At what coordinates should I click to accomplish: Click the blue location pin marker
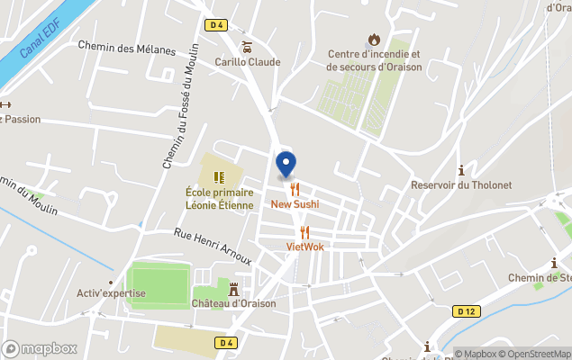tap(286, 164)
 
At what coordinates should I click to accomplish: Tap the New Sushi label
tap(295, 204)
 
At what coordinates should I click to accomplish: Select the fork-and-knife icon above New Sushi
tap(295, 190)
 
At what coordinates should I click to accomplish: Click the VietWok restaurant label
tap(304, 246)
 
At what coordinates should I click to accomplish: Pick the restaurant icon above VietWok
tap(304, 232)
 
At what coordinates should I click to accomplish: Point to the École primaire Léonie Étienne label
tap(219, 198)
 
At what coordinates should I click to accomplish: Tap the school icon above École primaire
tap(218, 176)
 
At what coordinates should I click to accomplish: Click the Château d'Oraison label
tap(234, 303)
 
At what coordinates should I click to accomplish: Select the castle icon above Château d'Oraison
tap(234, 288)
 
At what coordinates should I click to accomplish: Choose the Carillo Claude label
tap(247, 62)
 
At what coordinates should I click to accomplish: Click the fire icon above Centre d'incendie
tap(374, 40)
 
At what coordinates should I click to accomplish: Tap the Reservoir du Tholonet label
tap(460, 185)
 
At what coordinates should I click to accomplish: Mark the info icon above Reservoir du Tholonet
tap(461, 170)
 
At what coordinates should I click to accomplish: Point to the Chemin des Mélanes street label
tap(126, 48)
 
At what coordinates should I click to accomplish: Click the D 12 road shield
tap(466, 311)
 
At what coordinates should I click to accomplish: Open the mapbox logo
tap(40, 348)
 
